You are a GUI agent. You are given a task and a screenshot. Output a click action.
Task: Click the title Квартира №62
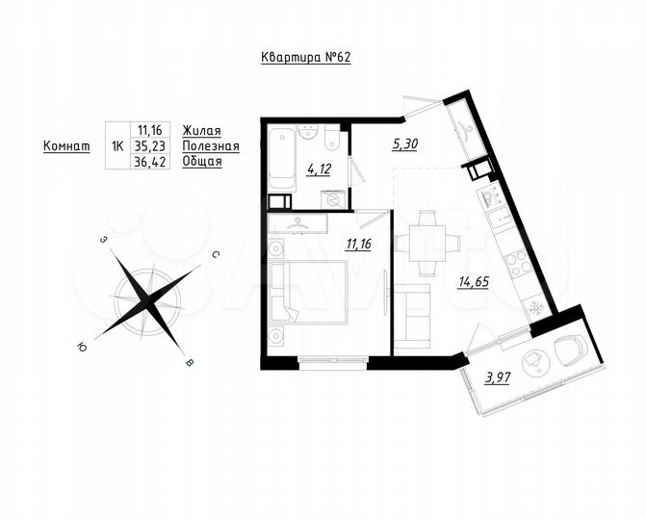pyautogui.click(x=307, y=57)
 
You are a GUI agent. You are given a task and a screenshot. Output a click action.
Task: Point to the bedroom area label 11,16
pyautogui.click(x=358, y=245)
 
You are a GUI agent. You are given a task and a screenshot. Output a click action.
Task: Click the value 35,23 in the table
pyautogui.click(x=150, y=146)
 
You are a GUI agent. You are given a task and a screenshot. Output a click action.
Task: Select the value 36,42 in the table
pyautogui.click(x=150, y=162)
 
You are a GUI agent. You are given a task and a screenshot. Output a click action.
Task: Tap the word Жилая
pyautogui.click(x=202, y=131)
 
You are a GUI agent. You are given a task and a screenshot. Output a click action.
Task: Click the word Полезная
pyautogui.click(x=210, y=146)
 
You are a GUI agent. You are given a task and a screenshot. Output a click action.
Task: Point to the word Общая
pyautogui.click(x=202, y=162)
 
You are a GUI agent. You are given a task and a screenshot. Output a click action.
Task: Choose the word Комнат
pyautogui.click(x=66, y=146)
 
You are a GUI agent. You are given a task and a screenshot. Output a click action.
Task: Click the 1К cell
pyautogui.click(x=117, y=146)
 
